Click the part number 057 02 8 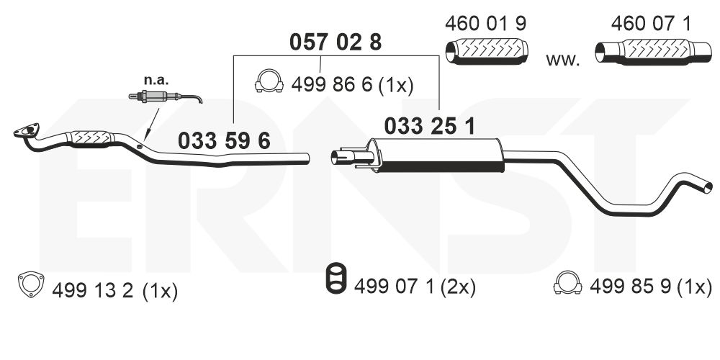[x=335, y=42]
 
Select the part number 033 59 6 [x=224, y=141]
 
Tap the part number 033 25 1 [x=429, y=126]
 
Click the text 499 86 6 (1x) [x=351, y=86]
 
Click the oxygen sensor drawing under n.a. [x=164, y=97]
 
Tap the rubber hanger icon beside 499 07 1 [x=336, y=279]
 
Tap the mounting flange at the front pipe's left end [x=27, y=131]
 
